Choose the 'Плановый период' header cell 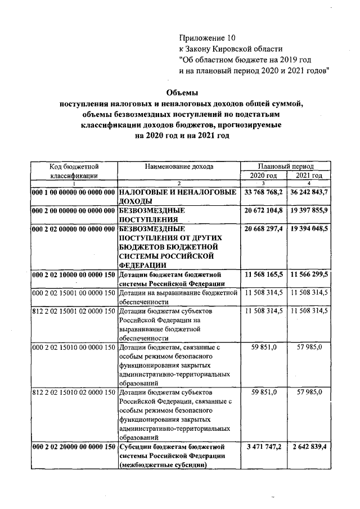(x=286, y=167)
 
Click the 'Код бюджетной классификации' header (x=74, y=171)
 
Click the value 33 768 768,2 (x=264, y=192)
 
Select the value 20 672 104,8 (x=264, y=210)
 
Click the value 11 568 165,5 (x=264, y=274)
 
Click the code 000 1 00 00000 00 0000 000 (x=74, y=192)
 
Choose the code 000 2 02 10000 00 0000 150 (x=74, y=274)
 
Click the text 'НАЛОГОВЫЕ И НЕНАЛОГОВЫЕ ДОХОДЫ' (x=178, y=196)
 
